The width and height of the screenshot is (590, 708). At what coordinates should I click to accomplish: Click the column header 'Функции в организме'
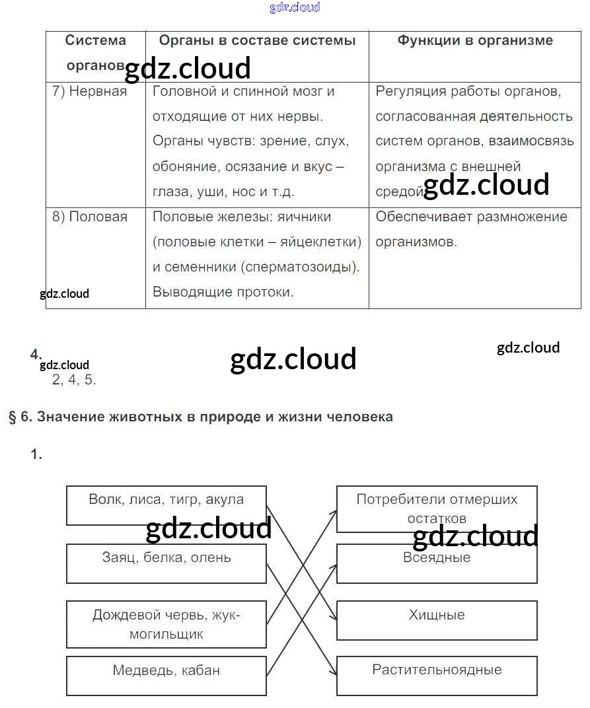[475, 40]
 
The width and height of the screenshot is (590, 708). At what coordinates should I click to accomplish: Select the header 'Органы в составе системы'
[257, 40]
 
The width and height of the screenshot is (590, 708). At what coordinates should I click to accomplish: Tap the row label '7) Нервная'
[89, 91]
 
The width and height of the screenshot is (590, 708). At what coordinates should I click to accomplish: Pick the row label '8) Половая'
[90, 217]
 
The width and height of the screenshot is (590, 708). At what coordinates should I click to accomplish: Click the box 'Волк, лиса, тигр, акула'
[166, 505]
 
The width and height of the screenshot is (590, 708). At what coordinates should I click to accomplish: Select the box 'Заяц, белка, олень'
[166, 563]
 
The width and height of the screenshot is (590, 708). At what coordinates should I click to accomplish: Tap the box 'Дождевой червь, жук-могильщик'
[166, 624]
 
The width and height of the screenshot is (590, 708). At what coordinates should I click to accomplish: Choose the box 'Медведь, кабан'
[166, 676]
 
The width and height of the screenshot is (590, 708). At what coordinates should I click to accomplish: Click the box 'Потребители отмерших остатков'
[437, 509]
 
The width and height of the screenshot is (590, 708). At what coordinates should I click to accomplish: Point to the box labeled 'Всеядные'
[437, 563]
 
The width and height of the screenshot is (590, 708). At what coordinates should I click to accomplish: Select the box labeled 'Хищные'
[437, 620]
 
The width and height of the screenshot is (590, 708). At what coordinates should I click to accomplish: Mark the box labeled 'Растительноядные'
[437, 675]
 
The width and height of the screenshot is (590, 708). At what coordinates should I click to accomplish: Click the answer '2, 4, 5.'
[74, 380]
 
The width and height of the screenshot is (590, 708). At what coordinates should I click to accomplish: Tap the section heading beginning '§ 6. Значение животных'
[201, 417]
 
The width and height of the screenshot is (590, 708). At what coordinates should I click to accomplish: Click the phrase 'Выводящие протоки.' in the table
[223, 292]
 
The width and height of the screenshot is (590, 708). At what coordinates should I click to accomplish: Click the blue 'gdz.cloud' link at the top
[295, 8]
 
